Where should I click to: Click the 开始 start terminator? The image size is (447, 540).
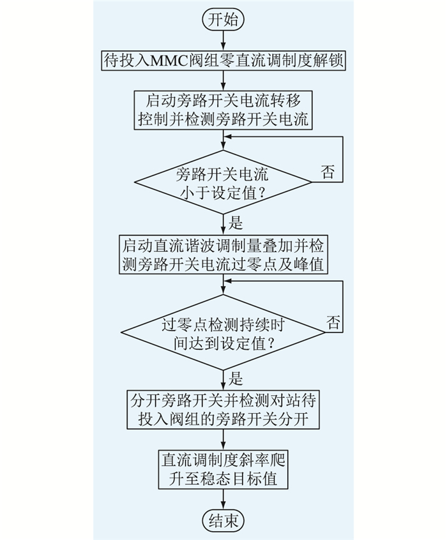[x=223, y=20]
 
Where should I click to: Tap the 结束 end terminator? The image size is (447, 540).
[x=223, y=520]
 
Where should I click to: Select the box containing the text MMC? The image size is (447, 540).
[x=223, y=61]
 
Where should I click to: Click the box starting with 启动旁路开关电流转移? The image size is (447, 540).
[x=223, y=110]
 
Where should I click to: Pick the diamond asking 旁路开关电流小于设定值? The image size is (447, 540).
[x=223, y=182]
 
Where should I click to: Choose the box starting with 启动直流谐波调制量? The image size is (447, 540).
[x=223, y=255]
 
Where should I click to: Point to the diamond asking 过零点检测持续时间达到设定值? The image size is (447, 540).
[x=223, y=333]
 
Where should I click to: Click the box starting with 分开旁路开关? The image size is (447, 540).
[x=223, y=410]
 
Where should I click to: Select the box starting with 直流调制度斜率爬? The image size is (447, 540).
[x=223, y=469]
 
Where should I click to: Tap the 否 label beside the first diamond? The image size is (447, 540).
[x=328, y=172]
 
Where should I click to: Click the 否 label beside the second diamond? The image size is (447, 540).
[x=333, y=322]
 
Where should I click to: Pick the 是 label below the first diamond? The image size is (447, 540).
[x=236, y=223]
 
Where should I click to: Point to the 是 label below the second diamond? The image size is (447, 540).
[x=236, y=379]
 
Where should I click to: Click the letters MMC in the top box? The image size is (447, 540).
[x=169, y=61]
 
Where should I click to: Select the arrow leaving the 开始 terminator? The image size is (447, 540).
[x=223, y=41]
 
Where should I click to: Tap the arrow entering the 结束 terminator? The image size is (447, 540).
[x=223, y=499]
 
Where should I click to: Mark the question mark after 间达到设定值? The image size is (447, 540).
[x=271, y=344]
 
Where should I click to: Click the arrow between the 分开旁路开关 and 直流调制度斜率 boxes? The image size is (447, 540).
[x=223, y=439]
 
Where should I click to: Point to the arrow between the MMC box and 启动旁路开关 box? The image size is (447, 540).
[x=223, y=81]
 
